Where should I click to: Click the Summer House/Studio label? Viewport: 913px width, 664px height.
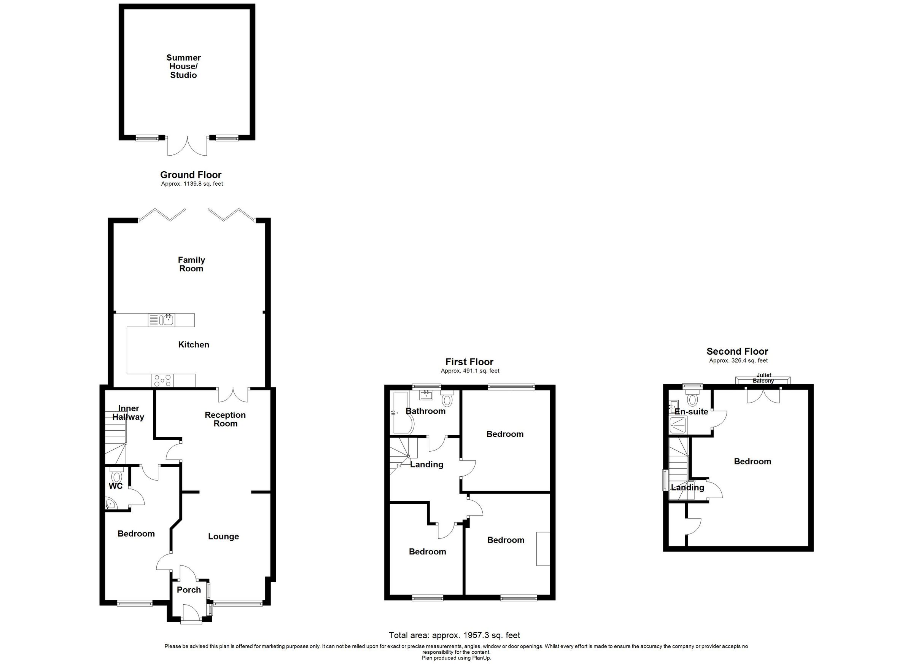pyautogui.click(x=184, y=67)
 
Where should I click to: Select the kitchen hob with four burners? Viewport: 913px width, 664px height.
pyautogui.click(x=163, y=381)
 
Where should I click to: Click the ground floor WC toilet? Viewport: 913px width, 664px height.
pyautogui.click(x=117, y=476)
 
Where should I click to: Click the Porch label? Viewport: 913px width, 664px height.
pyautogui.click(x=189, y=590)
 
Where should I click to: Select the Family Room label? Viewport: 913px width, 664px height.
pyautogui.click(x=192, y=264)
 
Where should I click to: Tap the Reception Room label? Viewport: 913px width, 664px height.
pyautogui.click(x=225, y=419)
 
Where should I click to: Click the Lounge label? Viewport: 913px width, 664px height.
pyautogui.click(x=223, y=537)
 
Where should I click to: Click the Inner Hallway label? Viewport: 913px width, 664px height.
pyautogui.click(x=129, y=413)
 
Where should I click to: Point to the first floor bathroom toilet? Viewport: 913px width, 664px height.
pyautogui.click(x=447, y=400)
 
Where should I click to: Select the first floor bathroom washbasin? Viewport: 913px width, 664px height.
pyautogui.click(x=426, y=395)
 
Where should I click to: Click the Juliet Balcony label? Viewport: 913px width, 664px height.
pyautogui.click(x=763, y=378)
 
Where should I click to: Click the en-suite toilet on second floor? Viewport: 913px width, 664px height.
pyautogui.click(x=692, y=400)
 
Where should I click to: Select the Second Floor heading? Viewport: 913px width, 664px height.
pyautogui.click(x=738, y=352)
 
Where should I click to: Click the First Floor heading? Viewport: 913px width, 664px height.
pyautogui.click(x=469, y=362)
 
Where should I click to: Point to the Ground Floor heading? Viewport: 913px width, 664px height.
pyautogui.click(x=191, y=175)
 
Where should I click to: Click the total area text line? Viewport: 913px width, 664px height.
pyautogui.click(x=454, y=635)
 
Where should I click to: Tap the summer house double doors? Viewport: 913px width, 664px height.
pyautogui.click(x=188, y=146)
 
